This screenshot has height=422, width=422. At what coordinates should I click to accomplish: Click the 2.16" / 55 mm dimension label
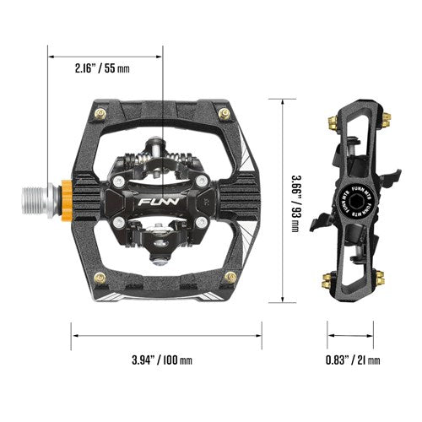(x=102, y=68)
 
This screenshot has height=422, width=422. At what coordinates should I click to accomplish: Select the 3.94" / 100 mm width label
(x=162, y=360)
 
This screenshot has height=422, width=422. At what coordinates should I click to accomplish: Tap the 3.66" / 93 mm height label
(x=295, y=204)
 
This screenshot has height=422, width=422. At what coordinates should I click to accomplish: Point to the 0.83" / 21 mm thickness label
(x=353, y=360)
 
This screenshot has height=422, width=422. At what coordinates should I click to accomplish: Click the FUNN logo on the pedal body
(x=160, y=202)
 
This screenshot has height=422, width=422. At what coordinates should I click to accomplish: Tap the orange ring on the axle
(x=68, y=196)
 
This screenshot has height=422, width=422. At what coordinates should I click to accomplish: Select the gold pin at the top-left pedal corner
(x=101, y=114)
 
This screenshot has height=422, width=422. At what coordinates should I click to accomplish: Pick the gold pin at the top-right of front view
(x=225, y=114)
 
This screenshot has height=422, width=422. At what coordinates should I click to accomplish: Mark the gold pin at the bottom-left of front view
(x=100, y=278)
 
